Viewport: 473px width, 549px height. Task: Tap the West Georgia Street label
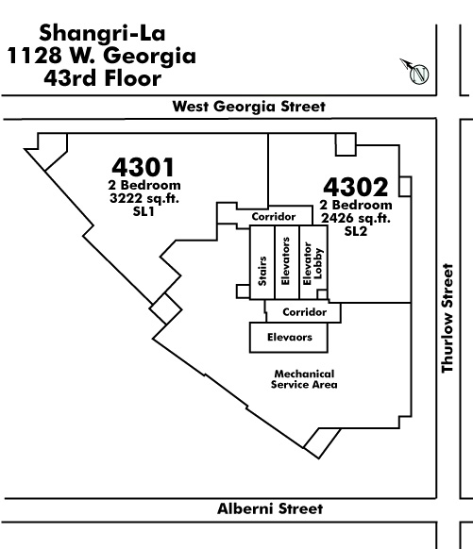pyautogui.click(x=248, y=107)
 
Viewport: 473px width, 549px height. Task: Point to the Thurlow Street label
pyautogui.click(x=448, y=318)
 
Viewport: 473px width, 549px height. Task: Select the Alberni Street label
pyautogui.click(x=270, y=508)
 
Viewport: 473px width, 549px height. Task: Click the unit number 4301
pyautogui.click(x=143, y=167)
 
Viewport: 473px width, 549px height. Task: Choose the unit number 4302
pyautogui.click(x=356, y=187)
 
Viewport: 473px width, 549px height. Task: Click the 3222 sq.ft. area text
pyautogui.click(x=144, y=198)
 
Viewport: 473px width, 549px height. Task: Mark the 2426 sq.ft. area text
pyautogui.click(x=356, y=219)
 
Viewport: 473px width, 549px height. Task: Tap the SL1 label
pyautogui.click(x=144, y=211)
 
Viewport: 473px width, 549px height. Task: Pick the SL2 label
pyautogui.click(x=356, y=231)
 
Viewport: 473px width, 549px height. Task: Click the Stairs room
pyautogui.click(x=262, y=262)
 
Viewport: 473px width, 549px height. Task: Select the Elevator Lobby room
pyautogui.click(x=313, y=262)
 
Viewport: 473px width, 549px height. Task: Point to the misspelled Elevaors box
pyautogui.click(x=289, y=337)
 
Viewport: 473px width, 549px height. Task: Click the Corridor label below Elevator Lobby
pyautogui.click(x=304, y=312)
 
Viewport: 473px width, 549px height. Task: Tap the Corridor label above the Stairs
pyautogui.click(x=274, y=217)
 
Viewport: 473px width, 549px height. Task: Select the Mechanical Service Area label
pyautogui.click(x=304, y=379)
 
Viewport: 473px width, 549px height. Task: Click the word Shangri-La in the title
pyautogui.click(x=102, y=34)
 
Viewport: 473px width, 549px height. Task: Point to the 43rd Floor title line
pyautogui.click(x=102, y=78)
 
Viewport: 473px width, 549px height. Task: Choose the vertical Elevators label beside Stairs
pyautogui.click(x=285, y=261)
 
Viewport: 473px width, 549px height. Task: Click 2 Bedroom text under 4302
pyautogui.click(x=356, y=205)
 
